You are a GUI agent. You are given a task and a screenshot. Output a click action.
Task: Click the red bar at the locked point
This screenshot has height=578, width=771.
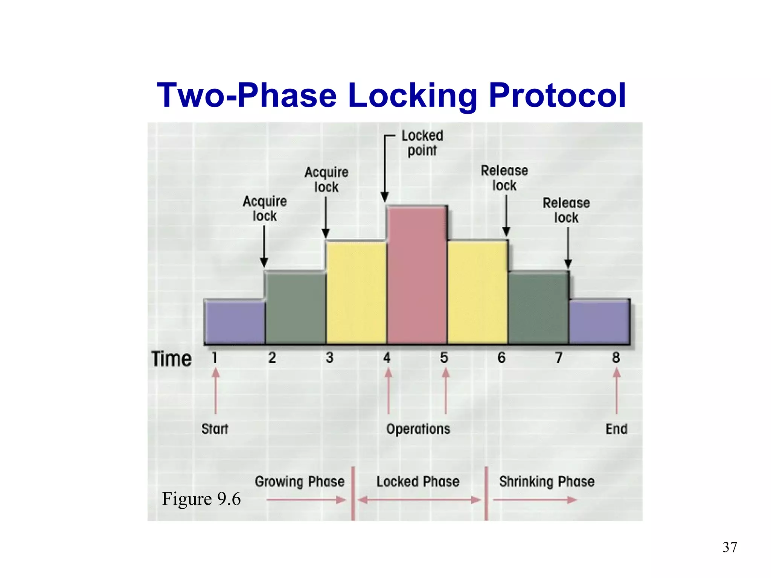(417, 275)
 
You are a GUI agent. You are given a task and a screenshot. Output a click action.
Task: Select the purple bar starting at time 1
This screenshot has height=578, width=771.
(234, 322)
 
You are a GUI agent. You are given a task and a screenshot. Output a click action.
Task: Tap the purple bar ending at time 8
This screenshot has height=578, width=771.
(599, 322)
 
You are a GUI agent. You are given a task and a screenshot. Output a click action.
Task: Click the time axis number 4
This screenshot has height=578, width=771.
(387, 357)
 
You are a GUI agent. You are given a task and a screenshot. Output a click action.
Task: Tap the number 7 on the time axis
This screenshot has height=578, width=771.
(559, 357)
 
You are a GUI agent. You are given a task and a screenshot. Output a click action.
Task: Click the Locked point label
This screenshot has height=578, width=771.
(422, 143)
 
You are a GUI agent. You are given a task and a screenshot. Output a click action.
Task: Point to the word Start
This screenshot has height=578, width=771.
(215, 429)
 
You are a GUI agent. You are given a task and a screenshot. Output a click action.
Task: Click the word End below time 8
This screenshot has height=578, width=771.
(616, 429)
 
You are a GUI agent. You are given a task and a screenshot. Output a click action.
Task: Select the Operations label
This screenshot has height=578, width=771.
(418, 429)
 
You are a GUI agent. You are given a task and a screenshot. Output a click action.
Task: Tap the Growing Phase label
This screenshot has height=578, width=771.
(300, 482)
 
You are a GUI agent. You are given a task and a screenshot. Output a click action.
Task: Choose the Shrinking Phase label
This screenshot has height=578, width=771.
(547, 482)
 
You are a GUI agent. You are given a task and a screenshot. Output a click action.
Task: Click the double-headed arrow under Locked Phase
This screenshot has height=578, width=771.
(419, 500)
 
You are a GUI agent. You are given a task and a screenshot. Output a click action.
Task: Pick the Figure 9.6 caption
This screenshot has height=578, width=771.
(201, 499)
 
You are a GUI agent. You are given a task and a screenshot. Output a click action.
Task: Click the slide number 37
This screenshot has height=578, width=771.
(730, 547)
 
